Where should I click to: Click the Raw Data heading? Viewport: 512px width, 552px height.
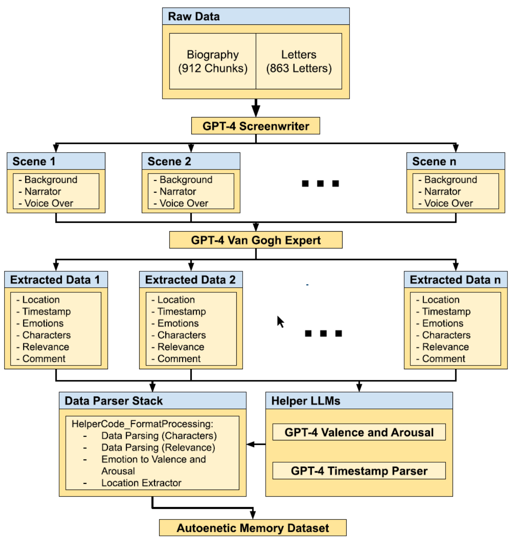point(193,17)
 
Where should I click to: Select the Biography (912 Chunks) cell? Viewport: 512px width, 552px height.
point(212,61)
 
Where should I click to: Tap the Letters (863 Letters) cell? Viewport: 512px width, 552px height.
point(299,61)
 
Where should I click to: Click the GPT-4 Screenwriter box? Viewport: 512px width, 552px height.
point(255,126)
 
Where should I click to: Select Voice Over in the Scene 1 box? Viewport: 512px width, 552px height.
point(48,203)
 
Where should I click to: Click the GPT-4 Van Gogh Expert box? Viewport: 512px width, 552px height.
point(255,240)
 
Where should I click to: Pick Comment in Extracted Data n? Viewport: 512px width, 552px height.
point(443,359)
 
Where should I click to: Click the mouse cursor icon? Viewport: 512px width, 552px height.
point(281,322)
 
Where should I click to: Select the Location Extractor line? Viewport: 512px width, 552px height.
point(141,483)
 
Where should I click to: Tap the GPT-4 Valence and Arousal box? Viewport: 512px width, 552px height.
point(359,433)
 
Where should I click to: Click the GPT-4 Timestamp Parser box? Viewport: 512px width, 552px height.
point(359,471)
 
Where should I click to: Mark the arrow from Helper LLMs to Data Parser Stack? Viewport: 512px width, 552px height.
point(256,444)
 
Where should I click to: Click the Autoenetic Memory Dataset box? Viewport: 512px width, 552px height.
point(252,528)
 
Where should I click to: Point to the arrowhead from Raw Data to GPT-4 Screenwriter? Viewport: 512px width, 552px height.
point(256,111)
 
